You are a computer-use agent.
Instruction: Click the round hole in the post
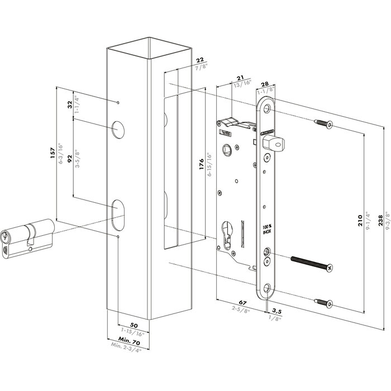[x=118, y=130]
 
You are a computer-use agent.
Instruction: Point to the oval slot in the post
[x=118, y=213]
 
